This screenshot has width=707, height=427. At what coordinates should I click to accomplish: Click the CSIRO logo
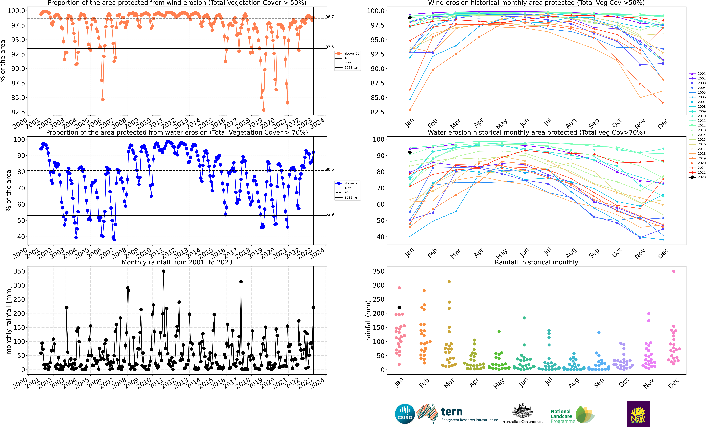point(405,414)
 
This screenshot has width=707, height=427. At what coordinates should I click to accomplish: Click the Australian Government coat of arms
point(522,411)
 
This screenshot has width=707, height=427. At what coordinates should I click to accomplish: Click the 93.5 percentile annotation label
point(330,47)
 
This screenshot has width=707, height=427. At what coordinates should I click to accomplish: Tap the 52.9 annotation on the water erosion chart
point(330,214)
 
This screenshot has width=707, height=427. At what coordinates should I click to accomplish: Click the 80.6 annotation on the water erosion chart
point(330,169)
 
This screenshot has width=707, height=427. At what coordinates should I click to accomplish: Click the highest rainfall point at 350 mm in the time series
point(164,271)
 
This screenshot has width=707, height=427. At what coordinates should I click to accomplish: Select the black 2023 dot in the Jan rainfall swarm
point(399,308)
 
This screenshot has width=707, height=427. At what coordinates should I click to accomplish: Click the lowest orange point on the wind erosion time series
point(264,110)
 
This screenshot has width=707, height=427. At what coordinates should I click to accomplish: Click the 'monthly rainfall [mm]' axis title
point(9,320)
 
